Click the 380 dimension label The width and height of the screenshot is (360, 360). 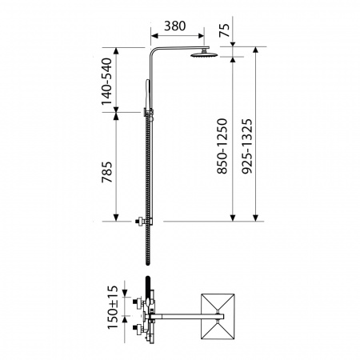(174, 26)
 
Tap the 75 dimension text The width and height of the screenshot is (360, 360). (224, 30)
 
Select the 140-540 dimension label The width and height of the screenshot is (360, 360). (106, 82)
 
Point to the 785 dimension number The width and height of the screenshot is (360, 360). (106, 172)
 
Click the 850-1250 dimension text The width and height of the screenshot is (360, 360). (222, 146)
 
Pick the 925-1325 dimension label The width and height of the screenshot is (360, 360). (246, 146)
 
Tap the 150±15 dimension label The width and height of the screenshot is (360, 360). (113, 307)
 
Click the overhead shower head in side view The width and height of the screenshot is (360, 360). (204, 54)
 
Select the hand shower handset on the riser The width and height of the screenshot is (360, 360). (147, 94)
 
